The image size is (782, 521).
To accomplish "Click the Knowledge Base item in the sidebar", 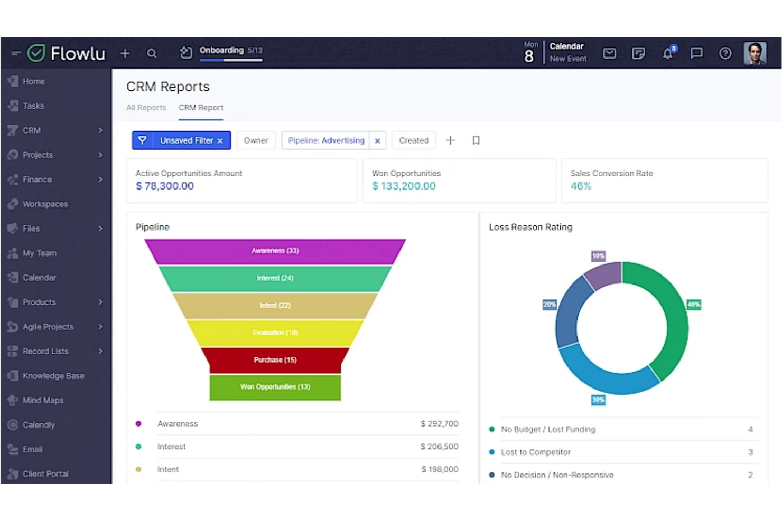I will pyautogui.click(x=53, y=376).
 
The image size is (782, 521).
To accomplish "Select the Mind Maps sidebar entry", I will pyautogui.click(x=43, y=400).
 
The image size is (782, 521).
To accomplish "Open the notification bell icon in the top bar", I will pyautogui.click(x=668, y=53).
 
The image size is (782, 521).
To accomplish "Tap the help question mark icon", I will pyautogui.click(x=725, y=53).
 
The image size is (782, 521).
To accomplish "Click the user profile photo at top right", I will pyautogui.click(x=755, y=53).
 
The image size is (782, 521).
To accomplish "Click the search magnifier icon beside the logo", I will pyautogui.click(x=152, y=53).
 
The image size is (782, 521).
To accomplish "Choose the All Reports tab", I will pyautogui.click(x=146, y=108).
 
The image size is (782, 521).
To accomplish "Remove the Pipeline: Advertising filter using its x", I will pyautogui.click(x=377, y=141).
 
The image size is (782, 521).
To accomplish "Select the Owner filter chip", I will pyautogui.click(x=256, y=140).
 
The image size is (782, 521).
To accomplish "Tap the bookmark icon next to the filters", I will pyautogui.click(x=476, y=140).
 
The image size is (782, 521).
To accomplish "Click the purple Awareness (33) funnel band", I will pyautogui.click(x=275, y=251).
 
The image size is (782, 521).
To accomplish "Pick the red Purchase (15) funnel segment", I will pyautogui.click(x=275, y=360).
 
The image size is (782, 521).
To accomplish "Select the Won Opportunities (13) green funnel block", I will pyautogui.click(x=275, y=387).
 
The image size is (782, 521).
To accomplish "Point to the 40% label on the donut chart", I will pyautogui.click(x=693, y=305).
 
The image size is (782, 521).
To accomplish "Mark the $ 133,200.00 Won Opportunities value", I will pyautogui.click(x=404, y=186).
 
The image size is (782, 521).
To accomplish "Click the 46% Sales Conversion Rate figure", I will pyautogui.click(x=581, y=186).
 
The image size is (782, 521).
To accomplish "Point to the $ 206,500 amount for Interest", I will pyautogui.click(x=439, y=447).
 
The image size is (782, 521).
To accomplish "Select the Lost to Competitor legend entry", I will pyautogui.click(x=535, y=452).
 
